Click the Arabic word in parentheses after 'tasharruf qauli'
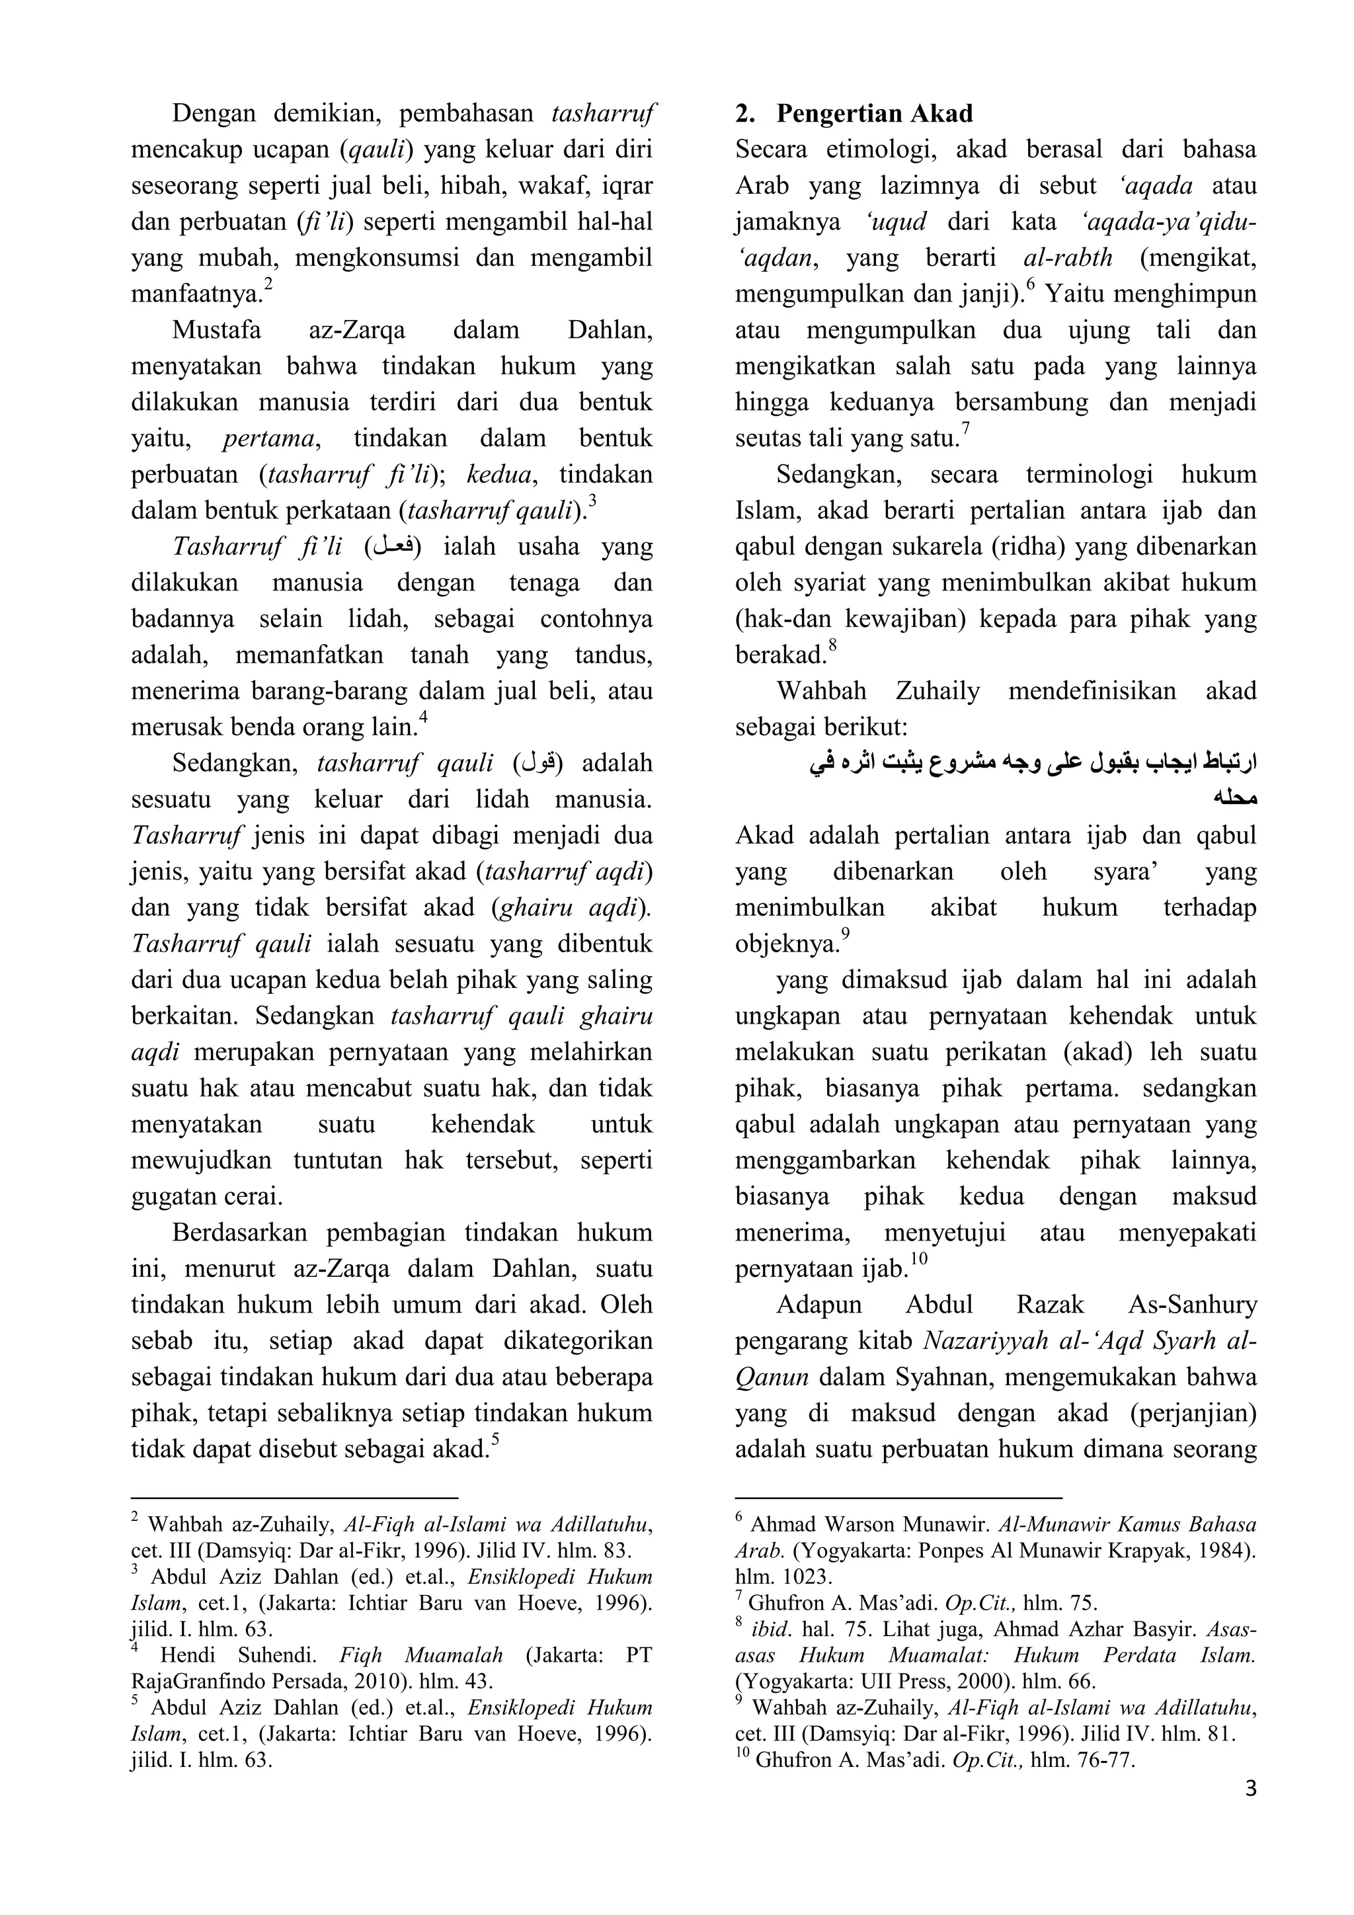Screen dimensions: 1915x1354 [538, 764]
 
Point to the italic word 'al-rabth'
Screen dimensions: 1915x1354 [1067, 258]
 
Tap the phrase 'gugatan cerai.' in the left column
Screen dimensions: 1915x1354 [207, 1197]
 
